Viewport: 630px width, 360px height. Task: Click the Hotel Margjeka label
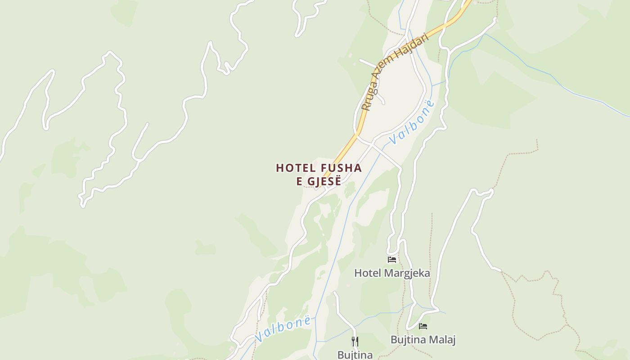click(392, 273)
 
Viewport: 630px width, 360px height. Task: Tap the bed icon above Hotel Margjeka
click(392, 259)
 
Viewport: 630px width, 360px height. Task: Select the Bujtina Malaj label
click(423, 340)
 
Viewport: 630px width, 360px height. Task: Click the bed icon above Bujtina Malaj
click(423, 326)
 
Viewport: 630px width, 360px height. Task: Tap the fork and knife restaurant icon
click(355, 341)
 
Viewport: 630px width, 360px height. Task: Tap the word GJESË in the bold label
click(324, 182)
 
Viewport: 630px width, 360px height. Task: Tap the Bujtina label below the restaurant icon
click(355, 355)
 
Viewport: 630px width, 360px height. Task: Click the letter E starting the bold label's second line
click(299, 182)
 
